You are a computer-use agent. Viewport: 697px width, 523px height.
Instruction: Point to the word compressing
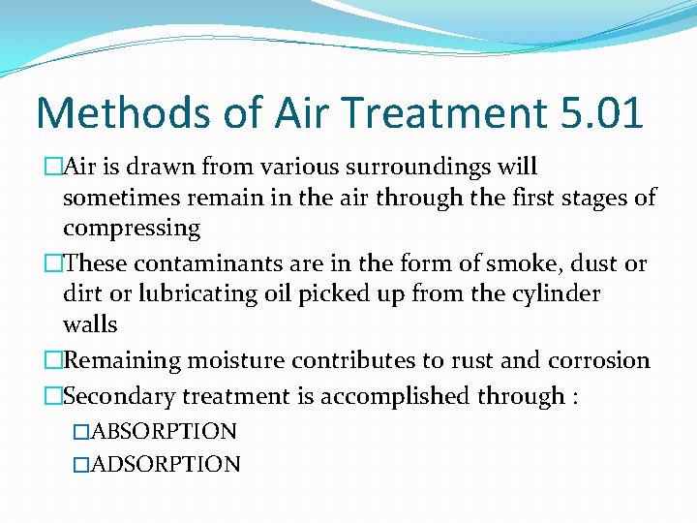(x=132, y=230)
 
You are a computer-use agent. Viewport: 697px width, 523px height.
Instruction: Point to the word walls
(x=90, y=324)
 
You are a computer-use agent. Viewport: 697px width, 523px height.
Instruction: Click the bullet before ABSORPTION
(x=81, y=431)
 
